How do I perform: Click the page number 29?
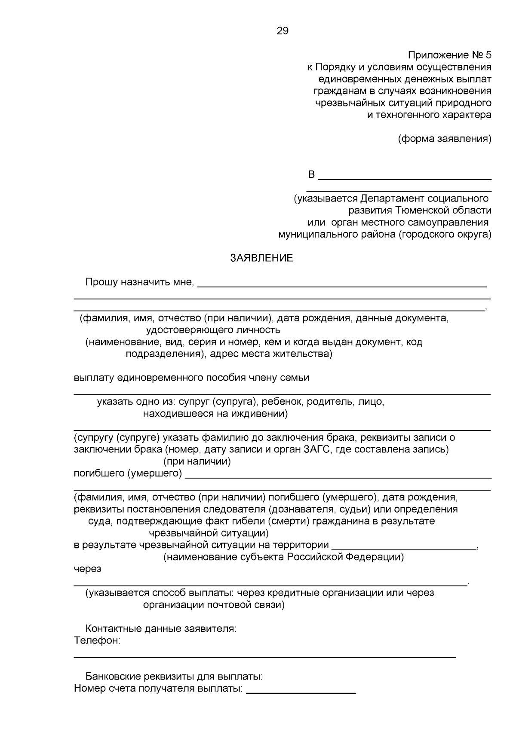pos(283,31)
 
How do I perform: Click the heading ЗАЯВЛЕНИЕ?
pos(262,258)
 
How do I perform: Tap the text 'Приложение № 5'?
pos(449,55)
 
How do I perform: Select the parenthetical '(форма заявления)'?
pos(445,139)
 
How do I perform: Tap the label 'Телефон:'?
pos(97,641)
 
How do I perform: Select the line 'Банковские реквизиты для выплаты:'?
pos(174,677)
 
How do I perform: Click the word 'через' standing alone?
pos(87,569)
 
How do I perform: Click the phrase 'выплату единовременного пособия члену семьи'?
pos(191,378)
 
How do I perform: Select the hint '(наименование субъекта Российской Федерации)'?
pos(284,558)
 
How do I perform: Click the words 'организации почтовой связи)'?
pos(214,605)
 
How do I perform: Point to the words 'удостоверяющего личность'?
pos(213,330)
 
